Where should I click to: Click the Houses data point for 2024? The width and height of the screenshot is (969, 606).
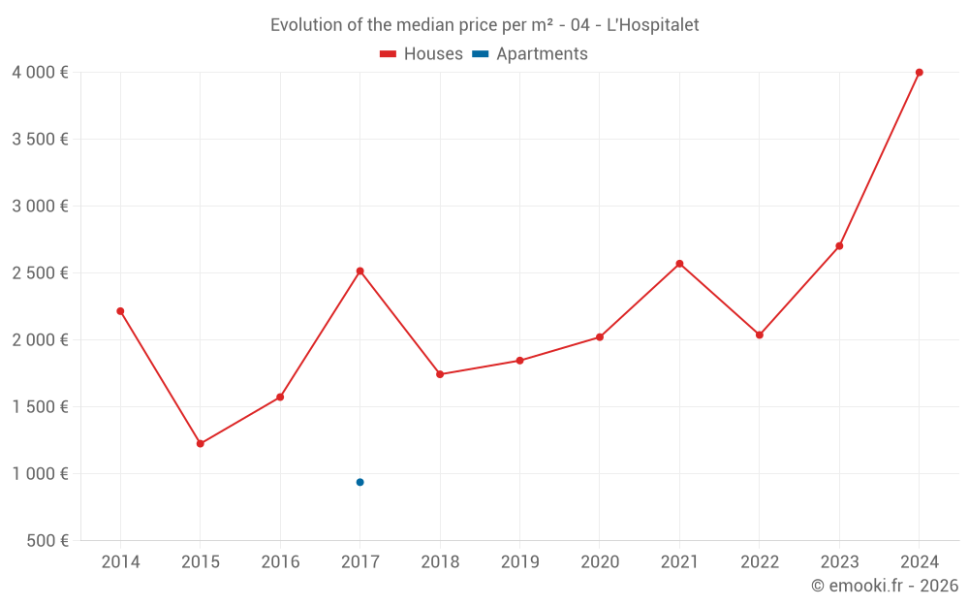(919, 73)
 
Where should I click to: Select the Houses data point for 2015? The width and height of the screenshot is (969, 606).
(201, 443)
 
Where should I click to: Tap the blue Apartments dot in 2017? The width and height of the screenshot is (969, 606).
(359, 482)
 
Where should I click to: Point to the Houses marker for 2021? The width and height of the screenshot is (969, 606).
(679, 264)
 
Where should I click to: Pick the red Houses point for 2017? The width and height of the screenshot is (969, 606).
(359, 271)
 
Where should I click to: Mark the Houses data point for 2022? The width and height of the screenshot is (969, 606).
(760, 335)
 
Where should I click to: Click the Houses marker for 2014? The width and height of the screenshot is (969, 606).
(120, 311)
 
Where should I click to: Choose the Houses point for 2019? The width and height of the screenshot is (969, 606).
(519, 361)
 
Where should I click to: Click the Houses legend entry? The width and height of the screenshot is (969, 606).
(422, 54)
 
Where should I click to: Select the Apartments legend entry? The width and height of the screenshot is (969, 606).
(531, 54)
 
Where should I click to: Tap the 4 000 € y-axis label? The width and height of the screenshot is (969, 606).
(40, 72)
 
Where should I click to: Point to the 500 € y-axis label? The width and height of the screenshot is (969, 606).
(46, 540)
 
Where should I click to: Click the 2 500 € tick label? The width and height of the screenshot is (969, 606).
(40, 272)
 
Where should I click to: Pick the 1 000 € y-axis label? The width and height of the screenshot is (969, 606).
(40, 473)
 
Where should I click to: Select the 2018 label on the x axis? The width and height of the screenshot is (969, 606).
(440, 561)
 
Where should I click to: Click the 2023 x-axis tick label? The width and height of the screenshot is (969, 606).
(839, 561)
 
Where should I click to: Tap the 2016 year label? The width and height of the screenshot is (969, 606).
(280, 561)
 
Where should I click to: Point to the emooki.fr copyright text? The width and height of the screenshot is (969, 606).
(885, 586)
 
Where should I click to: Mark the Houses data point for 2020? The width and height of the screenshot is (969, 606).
(600, 336)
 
